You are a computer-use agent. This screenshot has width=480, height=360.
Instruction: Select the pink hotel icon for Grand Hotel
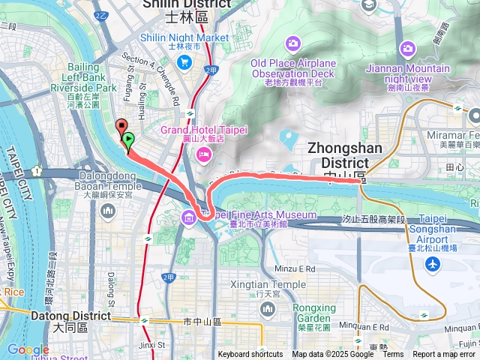click(x=204, y=154)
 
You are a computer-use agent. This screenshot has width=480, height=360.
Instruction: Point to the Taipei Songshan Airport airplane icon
click(x=433, y=264)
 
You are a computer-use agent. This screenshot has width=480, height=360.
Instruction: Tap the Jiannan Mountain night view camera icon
click(x=407, y=49)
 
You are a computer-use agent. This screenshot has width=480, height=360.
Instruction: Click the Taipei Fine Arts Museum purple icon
click(x=187, y=219)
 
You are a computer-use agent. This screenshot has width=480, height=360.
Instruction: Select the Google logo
click(x=27, y=350)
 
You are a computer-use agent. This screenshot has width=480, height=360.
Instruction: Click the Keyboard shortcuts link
click(x=250, y=355)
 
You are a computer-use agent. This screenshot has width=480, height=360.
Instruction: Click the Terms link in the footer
click(x=393, y=355)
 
